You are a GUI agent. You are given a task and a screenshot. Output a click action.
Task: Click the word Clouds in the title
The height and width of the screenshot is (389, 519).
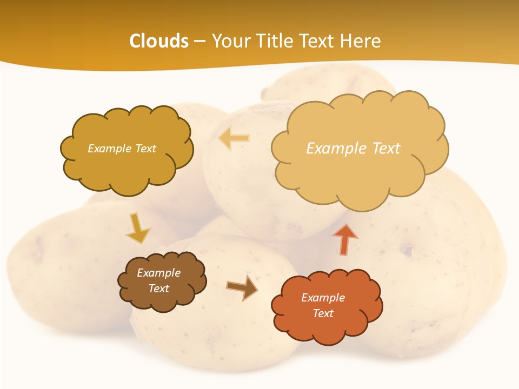pos(159,41)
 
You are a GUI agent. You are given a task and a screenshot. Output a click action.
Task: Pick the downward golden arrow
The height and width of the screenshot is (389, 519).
pos(137,228)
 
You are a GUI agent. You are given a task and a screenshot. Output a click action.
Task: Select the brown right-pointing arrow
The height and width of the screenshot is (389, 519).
pos(242,287)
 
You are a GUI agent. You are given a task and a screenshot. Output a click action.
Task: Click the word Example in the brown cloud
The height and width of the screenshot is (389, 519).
pos(158,273)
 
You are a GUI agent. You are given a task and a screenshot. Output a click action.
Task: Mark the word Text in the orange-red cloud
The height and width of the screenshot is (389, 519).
pos(323,313)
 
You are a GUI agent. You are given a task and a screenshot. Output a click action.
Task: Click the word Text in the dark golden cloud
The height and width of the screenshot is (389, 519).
pos(144,149)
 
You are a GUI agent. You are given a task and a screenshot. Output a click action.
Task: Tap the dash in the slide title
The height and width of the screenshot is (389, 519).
pos(199,42)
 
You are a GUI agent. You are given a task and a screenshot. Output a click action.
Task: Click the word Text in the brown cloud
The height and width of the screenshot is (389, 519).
pos(158,289)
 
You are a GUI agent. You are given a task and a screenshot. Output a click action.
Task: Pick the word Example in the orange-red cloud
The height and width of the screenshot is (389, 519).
pos(323,298)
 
